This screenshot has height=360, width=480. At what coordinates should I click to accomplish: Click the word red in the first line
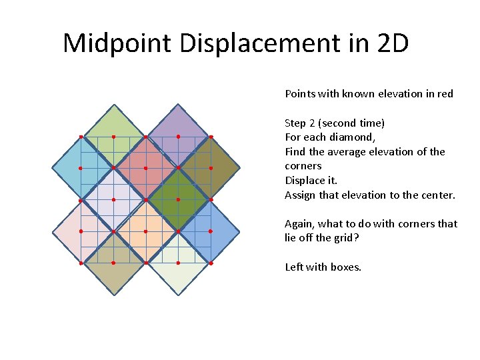(x=445, y=94)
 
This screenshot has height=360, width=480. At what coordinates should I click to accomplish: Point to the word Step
(x=296, y=123)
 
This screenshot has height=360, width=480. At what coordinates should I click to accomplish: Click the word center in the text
(x=437, y=195)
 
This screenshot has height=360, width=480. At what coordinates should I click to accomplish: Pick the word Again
(x=299, y=224)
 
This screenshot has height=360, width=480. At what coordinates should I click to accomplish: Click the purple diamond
(x=178, y=137)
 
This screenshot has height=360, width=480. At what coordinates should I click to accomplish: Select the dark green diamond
(x=178, y=199)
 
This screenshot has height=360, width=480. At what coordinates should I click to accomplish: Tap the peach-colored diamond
(x=145, y=231)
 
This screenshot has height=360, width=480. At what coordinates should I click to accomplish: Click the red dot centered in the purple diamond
(x=178, y=137)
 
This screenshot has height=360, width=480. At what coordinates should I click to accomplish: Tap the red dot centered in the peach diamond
(x=145, y=231)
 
